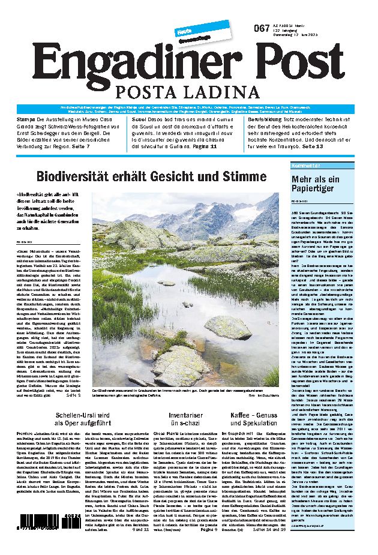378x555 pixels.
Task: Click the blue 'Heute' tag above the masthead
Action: coord(184,31)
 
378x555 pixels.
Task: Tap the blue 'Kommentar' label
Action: coord(305,165)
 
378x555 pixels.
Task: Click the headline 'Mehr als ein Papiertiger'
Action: coord(315,184)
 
